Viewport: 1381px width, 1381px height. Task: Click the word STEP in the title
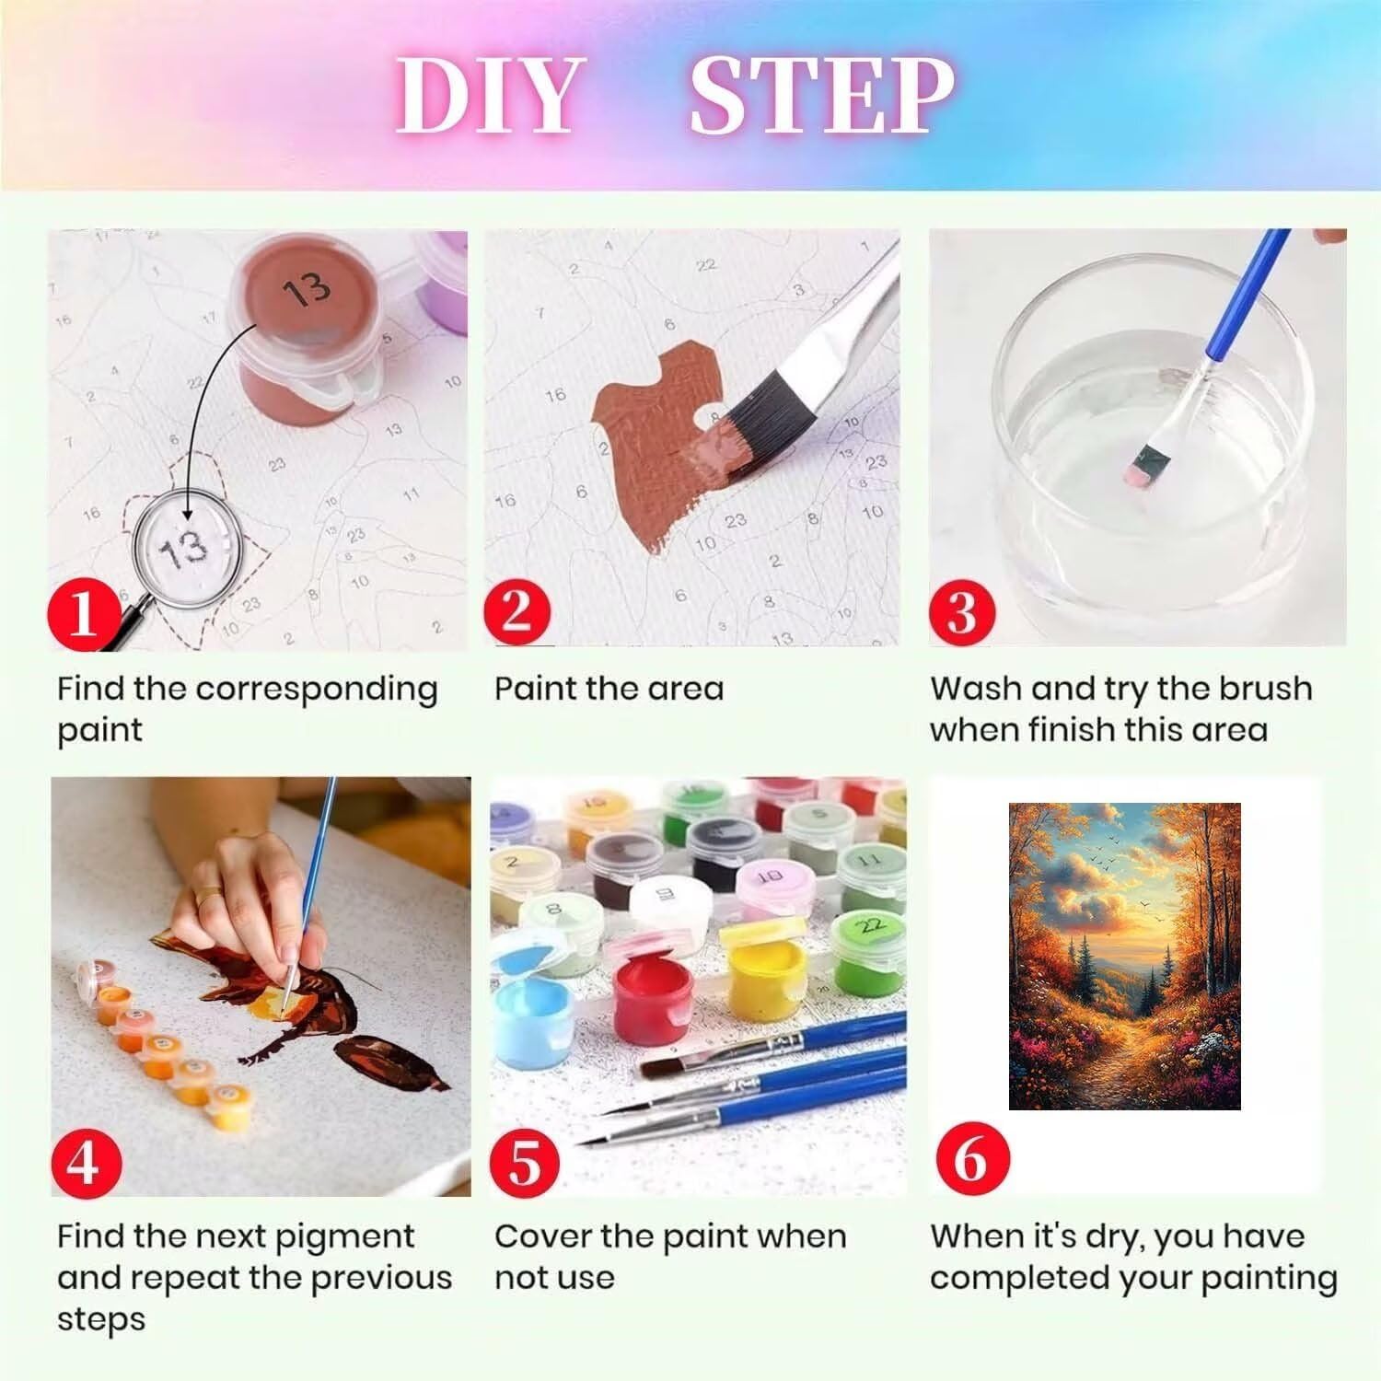tap(821, 96)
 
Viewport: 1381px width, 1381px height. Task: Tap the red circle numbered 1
tap(84, 610)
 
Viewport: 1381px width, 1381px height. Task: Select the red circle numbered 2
tap(517, 610)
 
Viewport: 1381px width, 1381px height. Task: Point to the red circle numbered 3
tap(963, 610)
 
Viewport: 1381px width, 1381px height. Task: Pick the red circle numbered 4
tap(84, 1159)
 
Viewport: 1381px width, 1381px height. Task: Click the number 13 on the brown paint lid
tap(307, 288)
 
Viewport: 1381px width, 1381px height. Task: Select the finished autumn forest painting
tap(1125, 956)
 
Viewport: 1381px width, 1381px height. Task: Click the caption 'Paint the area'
tap(609, 689)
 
